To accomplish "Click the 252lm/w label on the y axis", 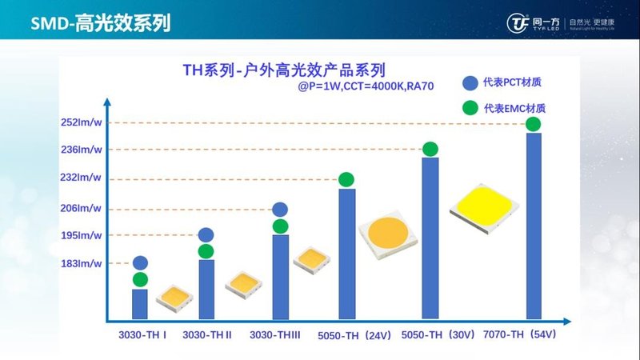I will pos(81,122).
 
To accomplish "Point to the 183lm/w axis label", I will pos(81,263).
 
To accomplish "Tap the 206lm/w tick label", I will pos(81,208).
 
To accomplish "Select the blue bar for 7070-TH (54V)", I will pos(534,226).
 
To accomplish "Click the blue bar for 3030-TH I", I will pos(140,303).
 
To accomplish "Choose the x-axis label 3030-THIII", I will pos(275,335).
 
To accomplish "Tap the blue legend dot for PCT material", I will pos(470,83).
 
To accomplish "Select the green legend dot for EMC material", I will pos(470,108).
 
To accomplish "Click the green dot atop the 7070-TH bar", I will pos(534,124).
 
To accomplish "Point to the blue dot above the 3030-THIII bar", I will pos(280,210).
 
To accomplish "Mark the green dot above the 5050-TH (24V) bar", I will pos(346,179).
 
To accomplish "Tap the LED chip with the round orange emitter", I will pos(389,237).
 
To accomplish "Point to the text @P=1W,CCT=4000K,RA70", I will pos(365,85).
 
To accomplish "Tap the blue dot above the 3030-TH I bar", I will pos(140,262).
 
